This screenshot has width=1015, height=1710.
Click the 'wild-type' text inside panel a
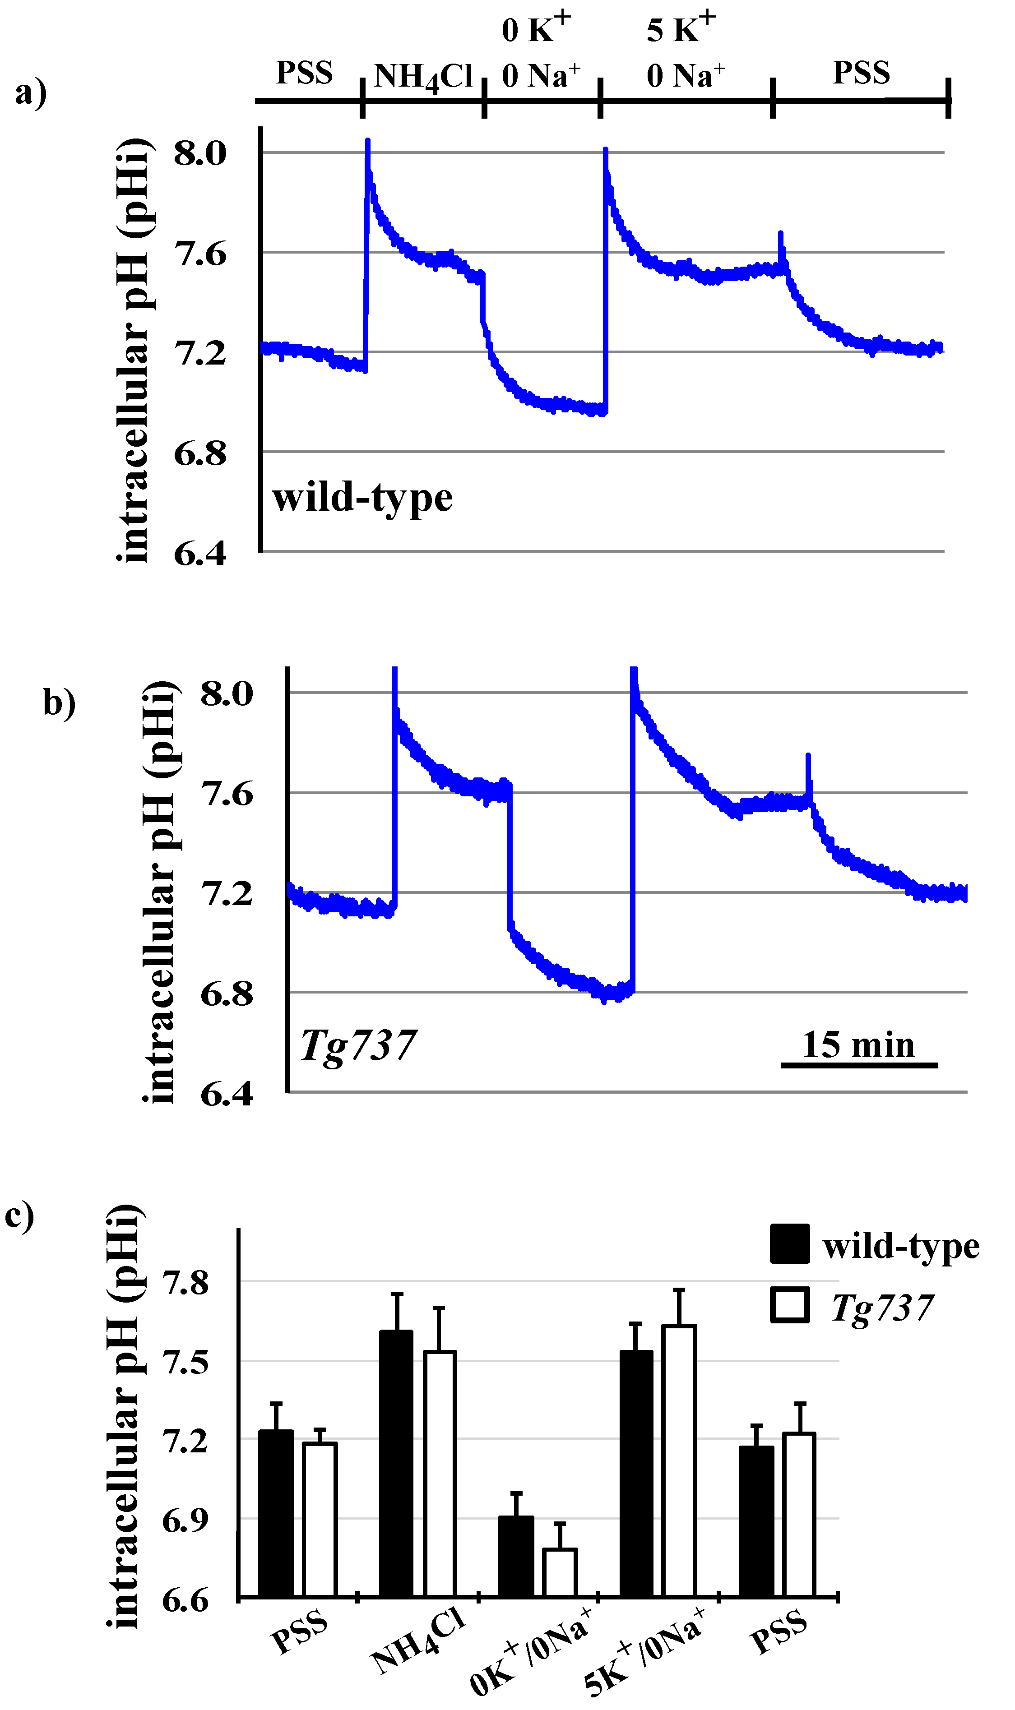[x=362, y=497]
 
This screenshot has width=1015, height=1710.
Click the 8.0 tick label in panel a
[x=200, y=153]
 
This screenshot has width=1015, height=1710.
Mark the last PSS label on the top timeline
[x=860, y=73]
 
